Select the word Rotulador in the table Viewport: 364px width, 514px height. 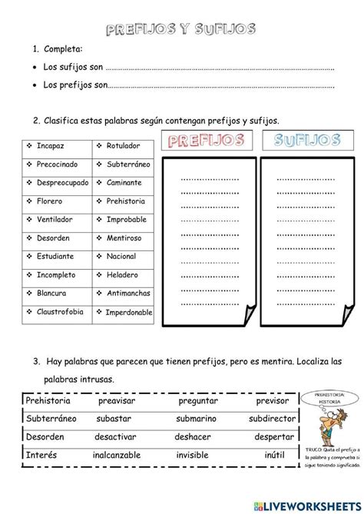(x=121, y=146)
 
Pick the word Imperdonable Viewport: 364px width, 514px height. (x=127, y=313)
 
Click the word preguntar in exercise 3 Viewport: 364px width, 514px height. (x=198, y=401)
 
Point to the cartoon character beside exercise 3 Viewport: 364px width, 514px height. (x=323, y=421)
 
